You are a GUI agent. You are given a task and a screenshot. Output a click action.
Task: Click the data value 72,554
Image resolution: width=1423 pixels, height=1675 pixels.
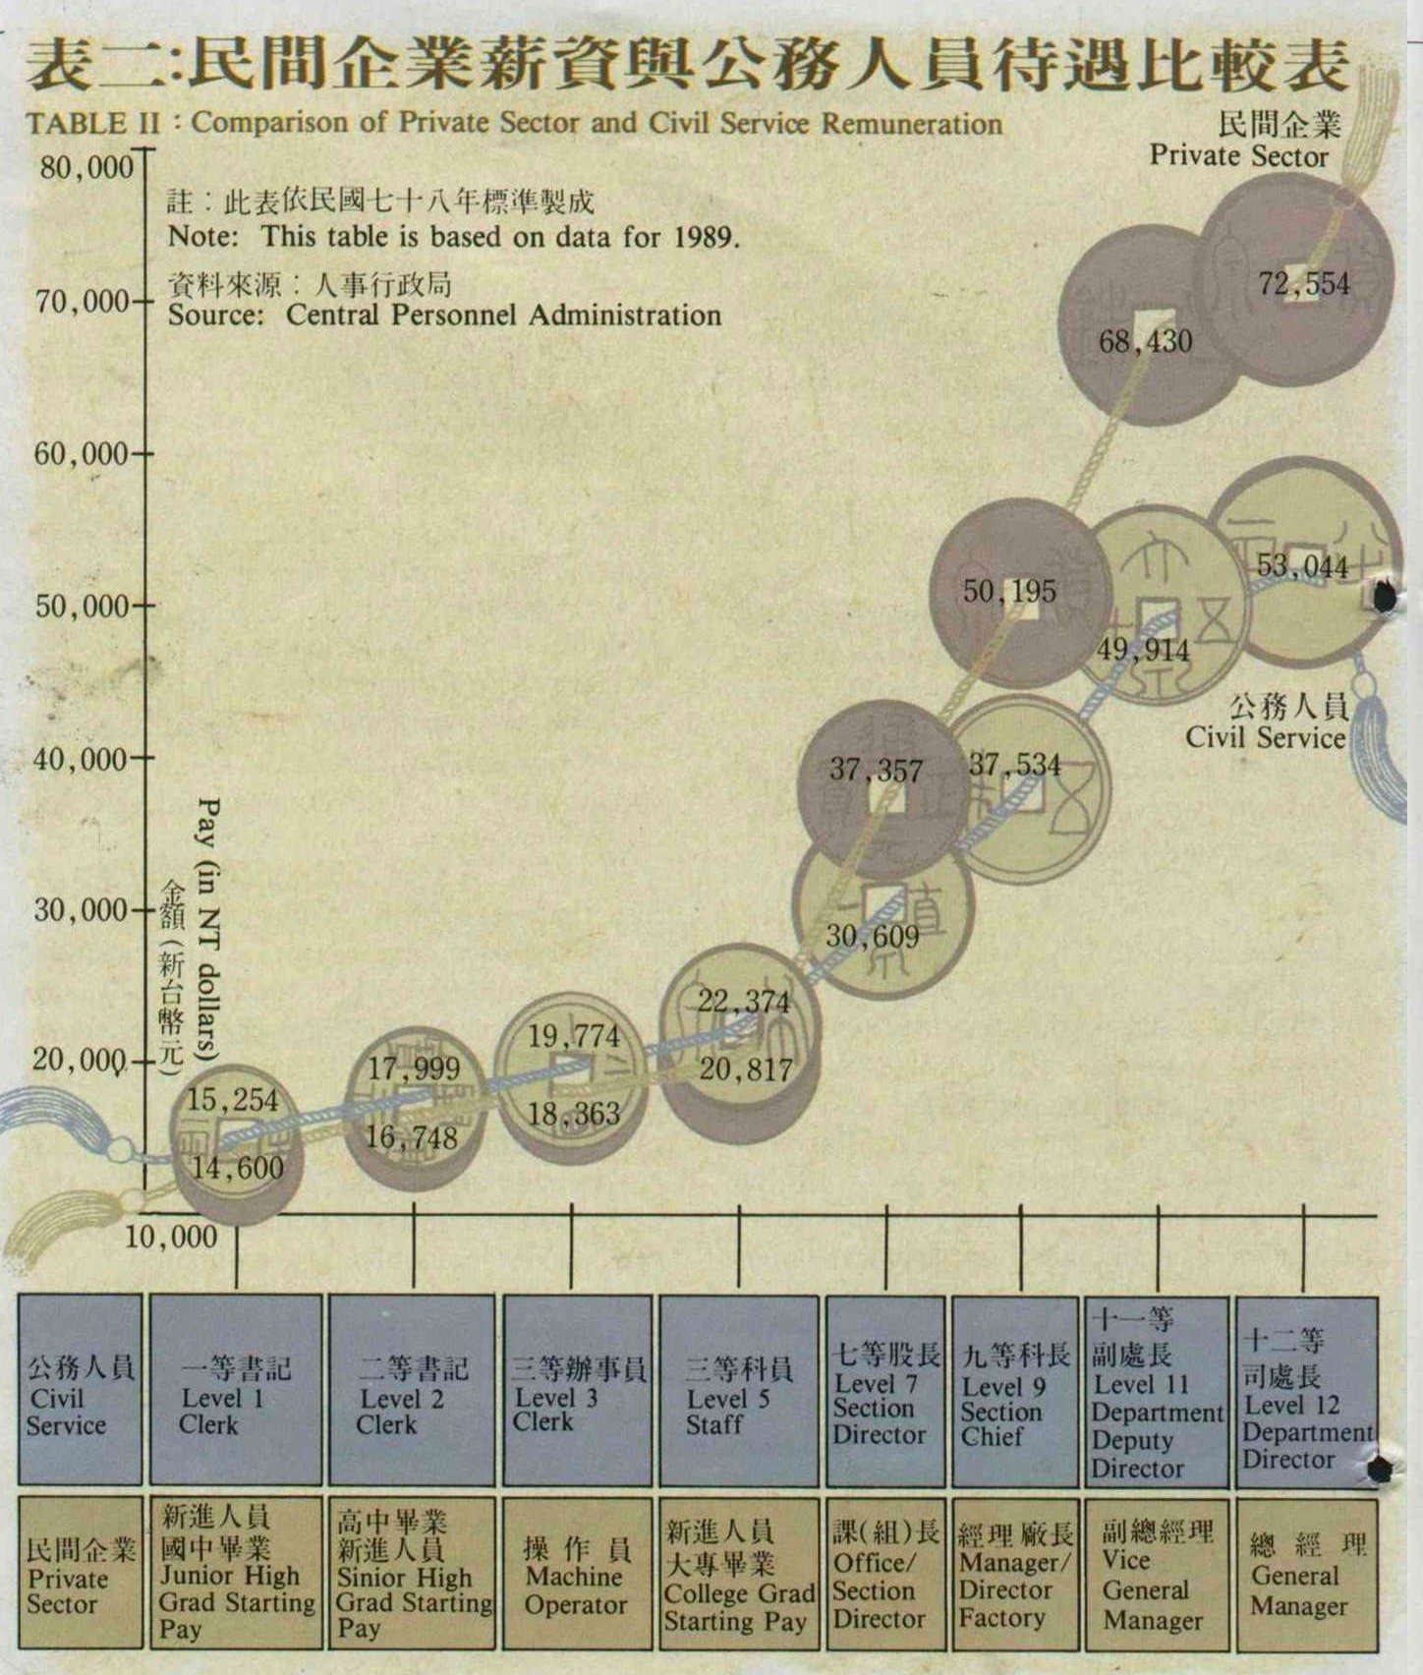click(1304, 284)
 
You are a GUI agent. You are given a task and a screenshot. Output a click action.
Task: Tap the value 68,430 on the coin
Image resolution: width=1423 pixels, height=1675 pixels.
click(1146, 342)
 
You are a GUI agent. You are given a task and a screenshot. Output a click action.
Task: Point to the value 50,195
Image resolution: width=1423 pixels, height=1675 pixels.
click(1009, 591)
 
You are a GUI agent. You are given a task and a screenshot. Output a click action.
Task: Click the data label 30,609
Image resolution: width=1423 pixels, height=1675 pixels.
click(872, 936)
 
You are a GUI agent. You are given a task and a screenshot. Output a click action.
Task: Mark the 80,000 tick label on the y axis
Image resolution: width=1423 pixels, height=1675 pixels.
click(85, 167)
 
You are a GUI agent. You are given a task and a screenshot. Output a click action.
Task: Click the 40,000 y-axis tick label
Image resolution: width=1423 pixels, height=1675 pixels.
click(81, 759)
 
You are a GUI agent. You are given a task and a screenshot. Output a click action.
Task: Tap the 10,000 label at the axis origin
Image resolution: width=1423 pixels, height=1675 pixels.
click(171, 1236)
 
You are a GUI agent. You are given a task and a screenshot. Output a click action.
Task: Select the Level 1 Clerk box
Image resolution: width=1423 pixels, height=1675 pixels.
click(236, 1390)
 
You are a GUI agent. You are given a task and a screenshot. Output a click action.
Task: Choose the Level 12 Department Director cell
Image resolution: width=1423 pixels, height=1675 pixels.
click(1305, 1390)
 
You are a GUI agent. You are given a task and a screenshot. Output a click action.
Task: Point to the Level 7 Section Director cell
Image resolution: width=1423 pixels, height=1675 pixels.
click(885, 1390)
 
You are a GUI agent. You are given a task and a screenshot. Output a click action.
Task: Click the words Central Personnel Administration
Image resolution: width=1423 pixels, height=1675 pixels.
click(503, 316)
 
